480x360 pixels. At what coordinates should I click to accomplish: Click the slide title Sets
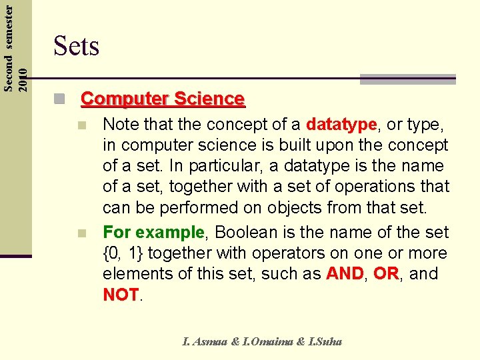(76, 47)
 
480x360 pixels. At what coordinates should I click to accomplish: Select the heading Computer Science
(163, 99)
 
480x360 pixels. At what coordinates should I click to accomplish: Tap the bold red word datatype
(341, 125)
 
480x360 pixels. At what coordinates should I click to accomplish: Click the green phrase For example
(153, 233)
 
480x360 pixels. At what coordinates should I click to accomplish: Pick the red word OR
(386, 274)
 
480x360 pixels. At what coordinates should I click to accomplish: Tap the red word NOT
(121, 295)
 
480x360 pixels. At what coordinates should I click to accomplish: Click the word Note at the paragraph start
(120, 125)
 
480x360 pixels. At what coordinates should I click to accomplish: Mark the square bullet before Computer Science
(61, 100)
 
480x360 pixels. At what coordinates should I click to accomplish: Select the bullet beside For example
(81, 233)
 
